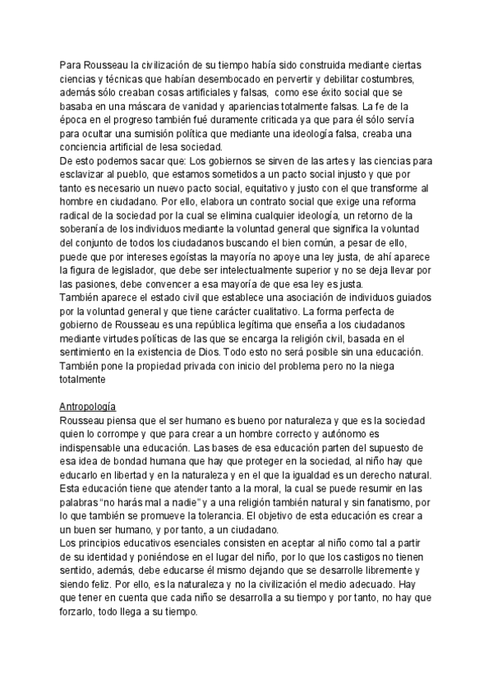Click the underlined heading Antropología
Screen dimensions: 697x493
[88, 407]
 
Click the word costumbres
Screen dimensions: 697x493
[390, 79]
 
